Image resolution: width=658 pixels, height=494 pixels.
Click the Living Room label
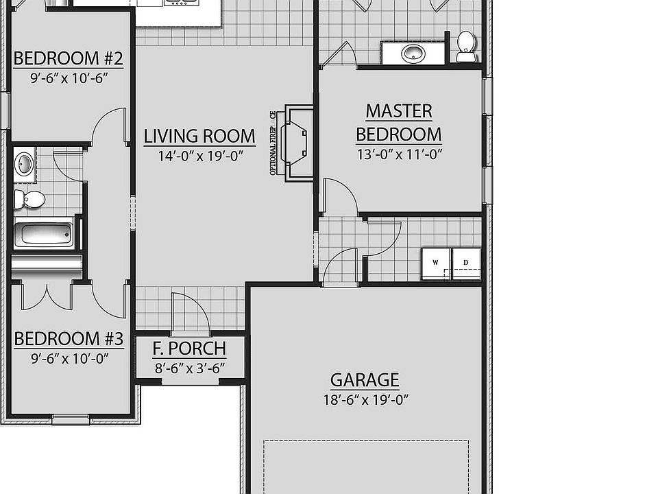tap(199, 136)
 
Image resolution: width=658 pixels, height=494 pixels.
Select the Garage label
tap(364, 379)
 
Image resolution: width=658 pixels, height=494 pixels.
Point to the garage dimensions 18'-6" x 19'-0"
tap(365, 400)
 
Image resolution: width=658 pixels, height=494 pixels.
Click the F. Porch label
tap(189, 349)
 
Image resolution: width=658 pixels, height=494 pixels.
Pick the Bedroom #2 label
tap(68, 58)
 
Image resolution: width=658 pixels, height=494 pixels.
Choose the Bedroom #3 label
tap(68, 338)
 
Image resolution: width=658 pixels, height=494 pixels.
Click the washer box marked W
tap(435, 263)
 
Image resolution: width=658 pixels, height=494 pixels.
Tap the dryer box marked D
tap(466, 263)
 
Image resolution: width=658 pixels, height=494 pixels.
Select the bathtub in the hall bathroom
tap(44, 234)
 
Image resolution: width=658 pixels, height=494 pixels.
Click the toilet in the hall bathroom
tap(29, 200)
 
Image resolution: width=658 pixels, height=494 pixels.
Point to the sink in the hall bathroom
tap(25, 164)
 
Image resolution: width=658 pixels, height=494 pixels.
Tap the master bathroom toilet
tap(466, 45)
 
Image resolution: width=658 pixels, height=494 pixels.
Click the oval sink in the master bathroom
tap(413, 53)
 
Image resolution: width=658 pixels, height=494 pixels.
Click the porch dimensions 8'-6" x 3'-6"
tap(190, 368)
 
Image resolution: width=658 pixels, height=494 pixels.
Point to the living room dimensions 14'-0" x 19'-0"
tap(201, 156)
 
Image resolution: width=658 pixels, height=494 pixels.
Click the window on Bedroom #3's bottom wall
tap(71, 419)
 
